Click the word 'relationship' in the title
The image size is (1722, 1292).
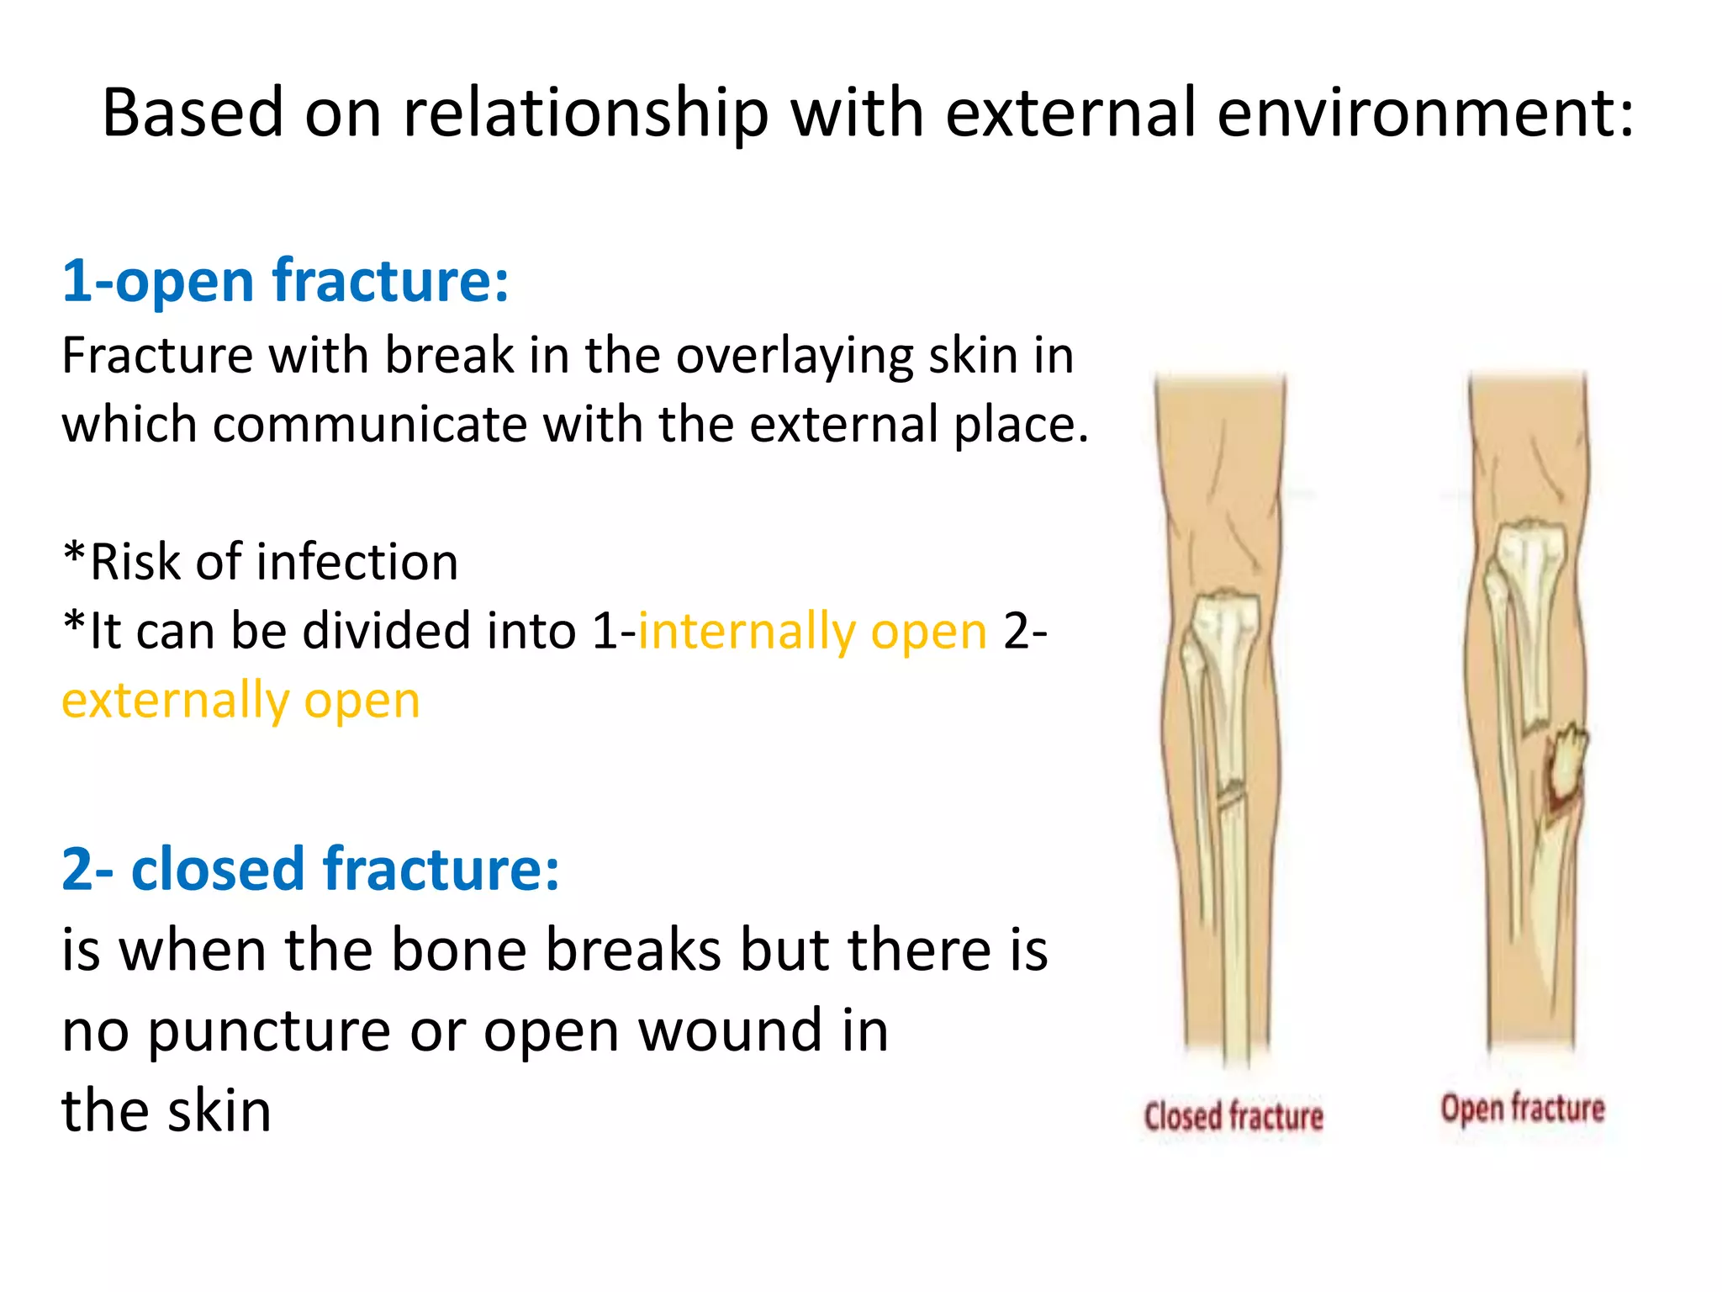coord(586,113)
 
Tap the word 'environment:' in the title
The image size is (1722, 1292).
coord(1425,113)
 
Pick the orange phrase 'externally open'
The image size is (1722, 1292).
coord(240,700)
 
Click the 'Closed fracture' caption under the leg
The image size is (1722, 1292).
coord(1233,1117)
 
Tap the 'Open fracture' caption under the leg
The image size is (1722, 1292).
coord(1523,1109)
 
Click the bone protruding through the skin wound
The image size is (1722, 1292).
coord(1566,760)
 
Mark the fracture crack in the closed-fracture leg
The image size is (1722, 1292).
coord(1232,793)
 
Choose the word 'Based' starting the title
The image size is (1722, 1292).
coord(193,113)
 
